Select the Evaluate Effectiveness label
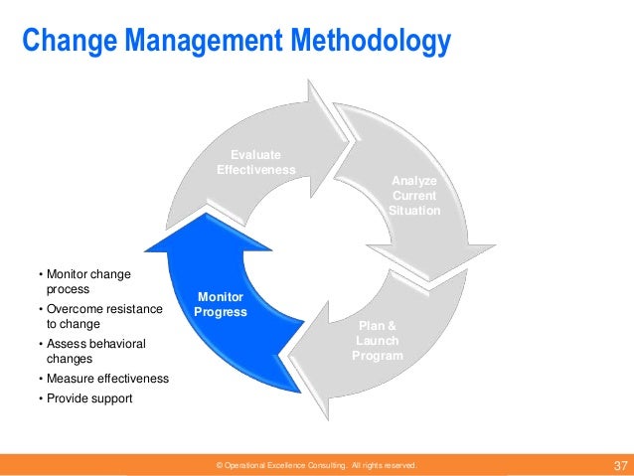coord(255,162)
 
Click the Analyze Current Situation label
coord(414,196)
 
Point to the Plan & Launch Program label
coord(378,341)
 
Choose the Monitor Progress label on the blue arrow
coord(221,304)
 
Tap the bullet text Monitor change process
coord(86,280)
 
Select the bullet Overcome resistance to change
coord(101,316)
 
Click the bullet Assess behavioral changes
coord(93,351)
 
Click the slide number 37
coord(620,465)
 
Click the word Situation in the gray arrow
coord(414,211)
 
